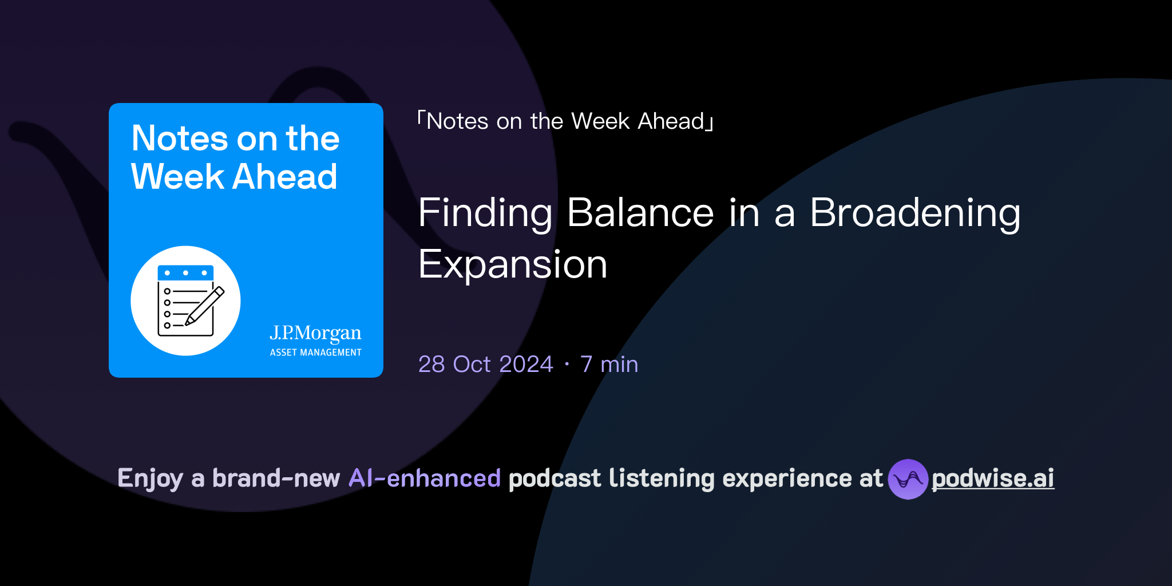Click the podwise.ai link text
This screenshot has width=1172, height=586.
tap(993, 478)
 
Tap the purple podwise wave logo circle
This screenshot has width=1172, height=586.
tap(908, 479)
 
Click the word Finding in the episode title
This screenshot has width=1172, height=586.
tap(485, 213)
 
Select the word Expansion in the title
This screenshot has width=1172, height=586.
tap(513, 264)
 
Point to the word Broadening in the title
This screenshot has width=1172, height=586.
tap(914, 213)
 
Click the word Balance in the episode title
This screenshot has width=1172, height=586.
tap(640, 213)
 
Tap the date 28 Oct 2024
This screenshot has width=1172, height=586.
tap(485, 364)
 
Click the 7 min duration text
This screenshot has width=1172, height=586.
tap(609, 364)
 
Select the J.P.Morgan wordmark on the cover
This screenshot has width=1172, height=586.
tap(315, 332)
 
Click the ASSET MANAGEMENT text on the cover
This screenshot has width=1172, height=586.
tap(315, 353)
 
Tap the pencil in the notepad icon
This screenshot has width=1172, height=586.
tap(205, 306)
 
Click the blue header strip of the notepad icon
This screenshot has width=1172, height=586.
tap(185, 272)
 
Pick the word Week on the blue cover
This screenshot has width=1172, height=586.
tap(177, 176)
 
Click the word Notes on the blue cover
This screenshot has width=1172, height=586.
tap(180, 138)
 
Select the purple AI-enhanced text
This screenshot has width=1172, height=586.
tap(425, 478)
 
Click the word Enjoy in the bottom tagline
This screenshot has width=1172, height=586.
tap(150, 478)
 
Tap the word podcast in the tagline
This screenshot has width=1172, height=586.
tap(555, 478)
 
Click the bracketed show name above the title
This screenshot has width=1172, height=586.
tap(565, 121)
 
